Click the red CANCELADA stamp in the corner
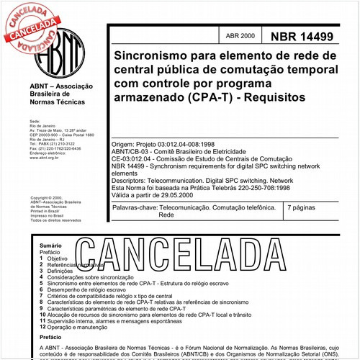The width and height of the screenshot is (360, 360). (32, 25)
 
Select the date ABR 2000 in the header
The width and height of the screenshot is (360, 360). (239, 36)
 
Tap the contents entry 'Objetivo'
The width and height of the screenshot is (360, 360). (58, 258)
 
